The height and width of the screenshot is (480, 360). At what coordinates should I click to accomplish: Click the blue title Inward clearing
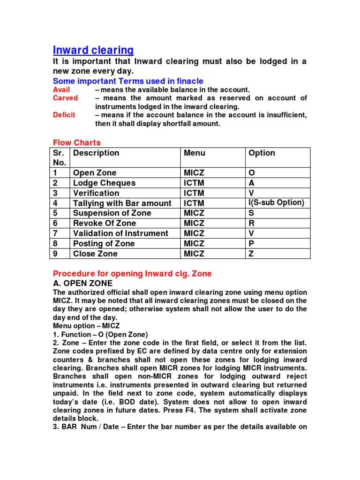pos(93,50)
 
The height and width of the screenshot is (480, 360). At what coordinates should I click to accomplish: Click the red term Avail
pos(61,90)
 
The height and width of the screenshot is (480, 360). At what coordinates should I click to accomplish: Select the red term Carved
pos(65,98)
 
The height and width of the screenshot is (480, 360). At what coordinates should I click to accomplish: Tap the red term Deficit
pos(64,115)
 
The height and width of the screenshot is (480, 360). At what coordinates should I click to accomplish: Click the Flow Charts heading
pos(76,142)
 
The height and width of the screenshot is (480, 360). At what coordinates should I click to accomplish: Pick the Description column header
pos(96,153)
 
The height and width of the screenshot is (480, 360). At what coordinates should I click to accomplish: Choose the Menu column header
pos(195,153)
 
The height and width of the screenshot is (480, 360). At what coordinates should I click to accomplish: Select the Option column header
pos(262,153)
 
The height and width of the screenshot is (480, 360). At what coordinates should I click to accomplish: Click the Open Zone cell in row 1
pos(95,173)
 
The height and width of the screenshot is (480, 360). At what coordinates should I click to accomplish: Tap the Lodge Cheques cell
pos(104,183)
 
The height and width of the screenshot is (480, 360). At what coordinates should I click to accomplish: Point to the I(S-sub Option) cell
pos(276,202)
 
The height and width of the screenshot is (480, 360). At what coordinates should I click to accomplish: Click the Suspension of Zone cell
pos(112,213)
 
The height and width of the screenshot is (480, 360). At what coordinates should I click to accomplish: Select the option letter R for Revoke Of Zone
pos(252,223)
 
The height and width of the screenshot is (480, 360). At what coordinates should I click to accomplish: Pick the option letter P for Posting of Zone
pos(251,243)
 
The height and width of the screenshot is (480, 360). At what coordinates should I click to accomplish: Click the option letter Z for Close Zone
pos(251,254)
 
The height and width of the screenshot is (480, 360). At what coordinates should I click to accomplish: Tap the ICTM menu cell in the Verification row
pos(194,193)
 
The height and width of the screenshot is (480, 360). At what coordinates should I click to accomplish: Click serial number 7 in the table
pos(55,233)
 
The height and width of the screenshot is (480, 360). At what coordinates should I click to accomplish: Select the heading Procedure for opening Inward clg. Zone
pos(132,273)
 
